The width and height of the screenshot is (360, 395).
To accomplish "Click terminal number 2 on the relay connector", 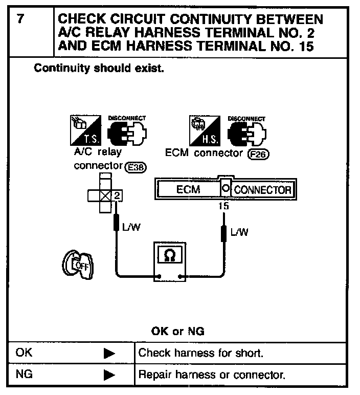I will click(x=117, y=194).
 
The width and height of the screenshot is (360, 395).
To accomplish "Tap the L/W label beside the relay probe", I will click(x=131, y=227).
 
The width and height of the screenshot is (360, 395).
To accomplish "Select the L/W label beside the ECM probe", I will click(x=239, y=232).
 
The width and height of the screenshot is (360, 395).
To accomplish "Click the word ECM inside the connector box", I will click(x=188, y=190).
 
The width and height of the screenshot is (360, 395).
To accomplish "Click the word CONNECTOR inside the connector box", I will click(x=263, y=190).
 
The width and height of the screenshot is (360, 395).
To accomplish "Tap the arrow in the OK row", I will click(x=109, y=353).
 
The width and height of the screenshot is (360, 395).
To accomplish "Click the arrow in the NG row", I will click(x=109, y=375).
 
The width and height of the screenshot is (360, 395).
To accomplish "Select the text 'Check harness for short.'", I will click(x=200, y=353).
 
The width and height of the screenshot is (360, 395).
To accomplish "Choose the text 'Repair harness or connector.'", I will click(x=212, y=375).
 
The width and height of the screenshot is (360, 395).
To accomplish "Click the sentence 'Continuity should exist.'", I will click(x=99, y=68).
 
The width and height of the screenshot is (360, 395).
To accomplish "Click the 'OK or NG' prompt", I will click(x=177, y=331).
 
